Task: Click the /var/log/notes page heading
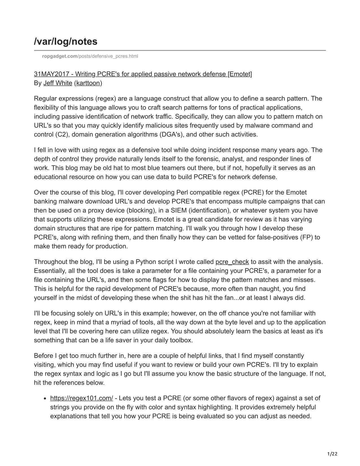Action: pyautogui.click(x=66, y=42)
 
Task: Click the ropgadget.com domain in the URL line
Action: pyautogui.click(x=60, y=56)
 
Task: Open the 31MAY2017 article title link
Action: pyautogui.click(x=143, y=74)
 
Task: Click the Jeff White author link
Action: pyautogui.click(x=58, y=83)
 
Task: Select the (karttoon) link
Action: pyautogui.click(x=88, y=83)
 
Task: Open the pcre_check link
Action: pyautogui.click(x=232, y=262)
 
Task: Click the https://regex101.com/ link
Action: pyautogui.click(x=82, y=398)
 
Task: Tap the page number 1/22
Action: pyautogui.click(x=332, y=454)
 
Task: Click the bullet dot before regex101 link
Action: pyautogui.click(x=45, y=399)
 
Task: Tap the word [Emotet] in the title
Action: pyautogui.click(x=240, y=74)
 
